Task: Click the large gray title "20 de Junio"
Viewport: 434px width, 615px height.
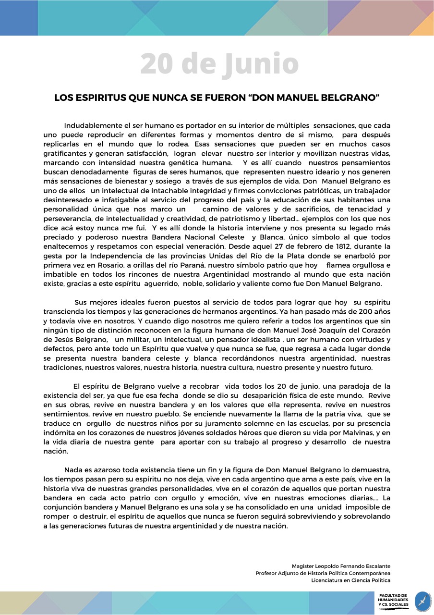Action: coord(219,64)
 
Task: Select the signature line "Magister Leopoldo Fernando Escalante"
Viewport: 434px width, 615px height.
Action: coord(341,566)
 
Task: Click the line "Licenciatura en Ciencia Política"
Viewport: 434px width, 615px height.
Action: coord(350,580)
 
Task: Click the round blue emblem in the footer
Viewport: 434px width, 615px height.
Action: coord(423,602)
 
